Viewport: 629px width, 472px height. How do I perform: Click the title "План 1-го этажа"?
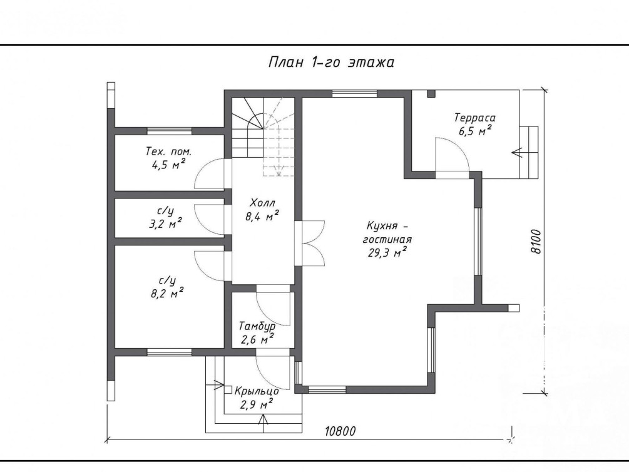pyautogui.click(x=331, y=63)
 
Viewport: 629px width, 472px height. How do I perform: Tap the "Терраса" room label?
pyautogui.click(x=474, y=118)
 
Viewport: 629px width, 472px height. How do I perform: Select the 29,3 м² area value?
pyautogui.click(x=387, y=253)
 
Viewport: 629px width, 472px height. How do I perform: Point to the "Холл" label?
pyautogui.click(x=262, y=202)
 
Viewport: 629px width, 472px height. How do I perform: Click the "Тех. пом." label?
pyautogui.click(x=168, y=151)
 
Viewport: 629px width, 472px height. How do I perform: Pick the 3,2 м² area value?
pyautogui.click(x=166, y=223)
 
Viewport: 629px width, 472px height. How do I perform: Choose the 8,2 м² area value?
pyautogui.click(x=167, y=294)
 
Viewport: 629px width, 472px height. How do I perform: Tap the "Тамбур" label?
pyautogui.click(x=257, y=326)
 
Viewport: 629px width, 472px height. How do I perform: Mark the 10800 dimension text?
pyautogui.click(x=340, y=431)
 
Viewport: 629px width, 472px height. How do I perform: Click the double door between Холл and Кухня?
pyautogui.click(x=309, y=243)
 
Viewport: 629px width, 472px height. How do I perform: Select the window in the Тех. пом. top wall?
pyautogui.click(x=169, y=131)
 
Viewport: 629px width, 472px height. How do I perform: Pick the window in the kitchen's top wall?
pyautogui.click(x=355, y=94)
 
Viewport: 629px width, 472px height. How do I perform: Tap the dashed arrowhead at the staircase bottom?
pyautogui.click(x=278, y=173)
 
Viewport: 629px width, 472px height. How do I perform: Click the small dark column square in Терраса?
pyautogui.click(x=431, y=93)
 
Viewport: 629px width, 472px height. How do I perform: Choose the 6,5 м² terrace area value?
pyautogui.click(x=476, y=131)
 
